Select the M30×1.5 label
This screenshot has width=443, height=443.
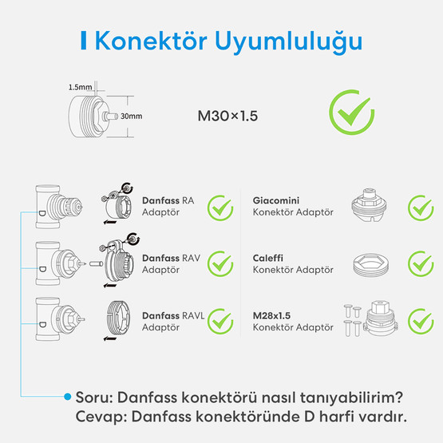pyautogui.click(x=227, y=116)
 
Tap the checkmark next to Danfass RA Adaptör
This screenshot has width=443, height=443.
pyautogui.click(x=220, y=208)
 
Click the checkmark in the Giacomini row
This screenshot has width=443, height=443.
pyautogui.click(x=420, y=208)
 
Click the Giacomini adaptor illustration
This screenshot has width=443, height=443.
pyautogui.click(x=370, y=208)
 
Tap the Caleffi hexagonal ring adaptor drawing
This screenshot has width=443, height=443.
pyautogui.click(x=370, y=264)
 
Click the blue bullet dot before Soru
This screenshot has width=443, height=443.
pyautogui.click(x=68, y=396)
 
